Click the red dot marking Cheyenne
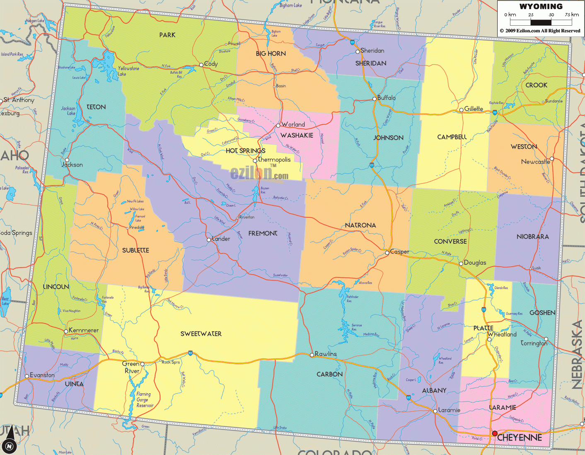tap(495, 433)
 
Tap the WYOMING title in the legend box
tap(541, 6)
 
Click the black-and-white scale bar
tap(541, 22)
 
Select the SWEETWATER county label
tap(201, 334)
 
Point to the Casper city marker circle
tap(387, 252)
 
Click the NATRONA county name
tap(360, 225)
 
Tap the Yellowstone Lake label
tap(128, 71)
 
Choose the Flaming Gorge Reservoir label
tap(144, 400)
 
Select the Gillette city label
tap(474, 109)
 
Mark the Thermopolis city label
tap(274, 160)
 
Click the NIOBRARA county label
tap(532, 237)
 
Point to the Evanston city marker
tap(27, 376)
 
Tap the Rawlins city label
tap(326, 354)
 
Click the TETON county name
tap(96, 107)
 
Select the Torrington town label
tap(534, 343)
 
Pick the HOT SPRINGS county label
tap(245, 151)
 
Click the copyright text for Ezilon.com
tap(540, 31)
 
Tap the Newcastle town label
tap(535, 162)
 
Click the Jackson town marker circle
tap(67, 160)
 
